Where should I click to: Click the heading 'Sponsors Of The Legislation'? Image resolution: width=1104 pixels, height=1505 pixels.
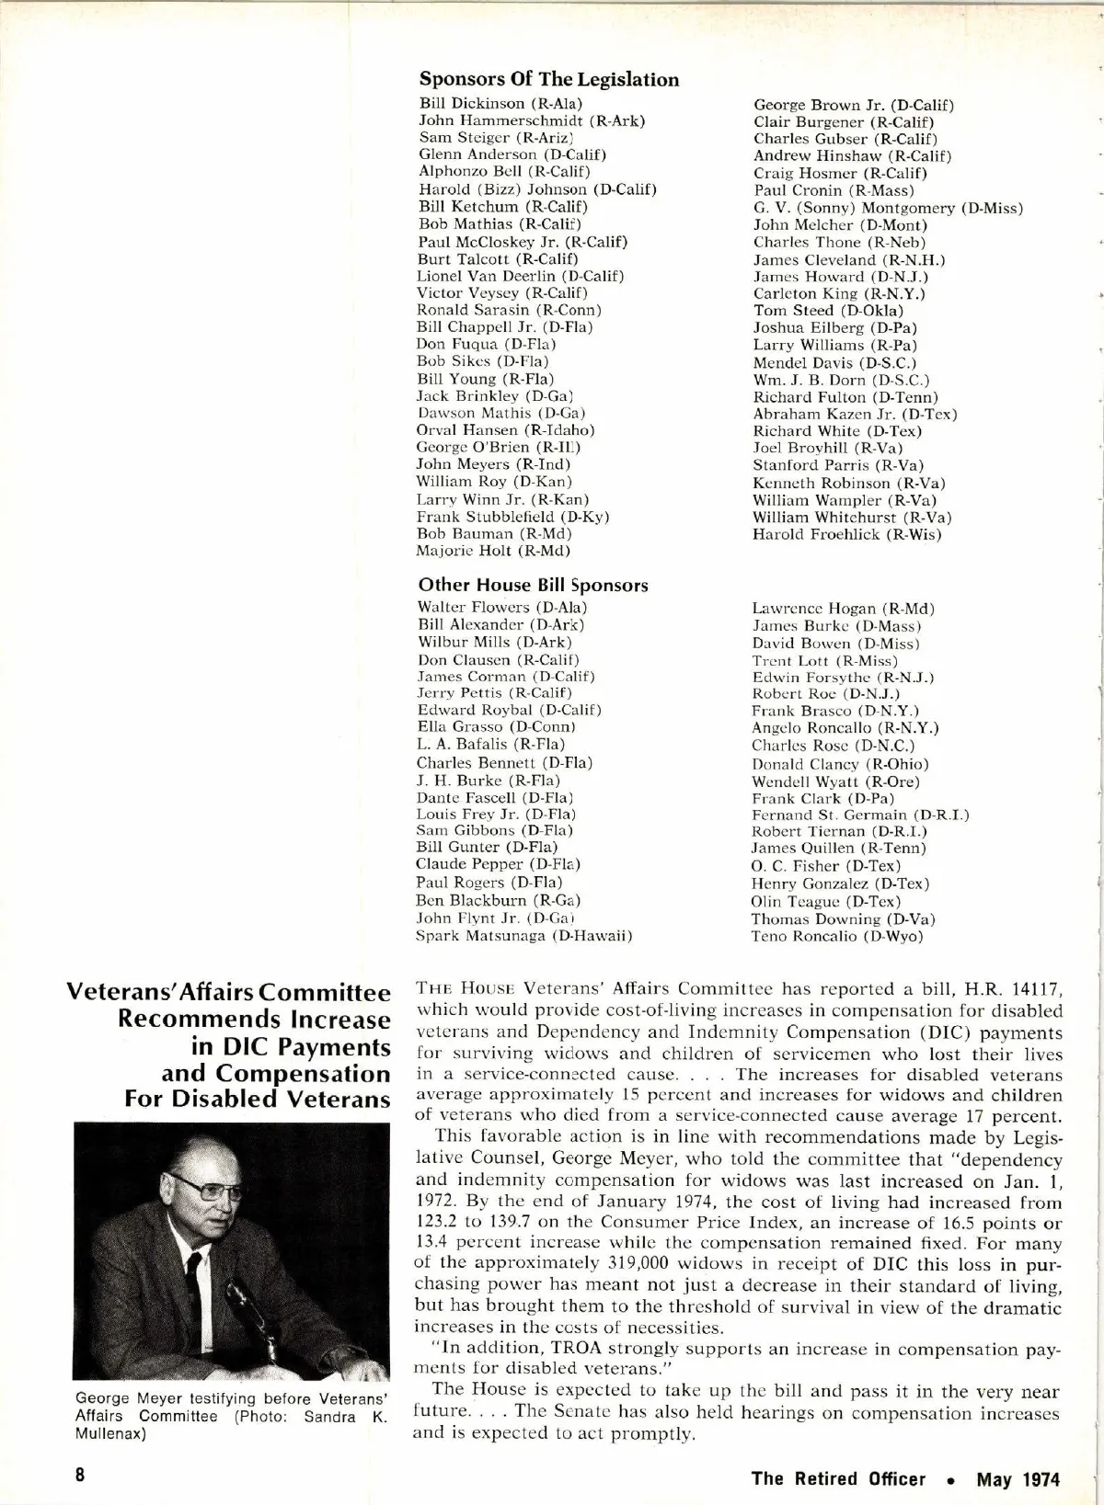tap(549, 80)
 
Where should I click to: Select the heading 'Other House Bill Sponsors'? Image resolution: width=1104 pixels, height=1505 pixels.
tap(533, 586)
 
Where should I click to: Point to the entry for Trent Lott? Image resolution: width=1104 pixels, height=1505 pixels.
tap(824, 660)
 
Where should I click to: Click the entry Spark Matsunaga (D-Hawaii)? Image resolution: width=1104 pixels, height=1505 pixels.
tap(524, 936)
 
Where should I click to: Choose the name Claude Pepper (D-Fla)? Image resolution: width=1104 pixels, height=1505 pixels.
tap(498, 864)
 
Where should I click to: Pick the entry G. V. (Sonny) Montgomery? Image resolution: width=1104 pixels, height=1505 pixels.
tap(888, 208)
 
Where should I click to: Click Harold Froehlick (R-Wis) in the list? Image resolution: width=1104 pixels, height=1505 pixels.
tap(847, 534)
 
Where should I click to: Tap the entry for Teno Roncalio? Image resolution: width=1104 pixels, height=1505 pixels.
tap(837, 936)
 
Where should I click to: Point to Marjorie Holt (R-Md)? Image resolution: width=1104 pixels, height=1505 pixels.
tap(493, 551)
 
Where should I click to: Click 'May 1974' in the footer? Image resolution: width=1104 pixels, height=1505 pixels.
tap(1018, 1479)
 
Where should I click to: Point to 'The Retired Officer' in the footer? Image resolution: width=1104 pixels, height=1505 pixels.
tap(838, 1479)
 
